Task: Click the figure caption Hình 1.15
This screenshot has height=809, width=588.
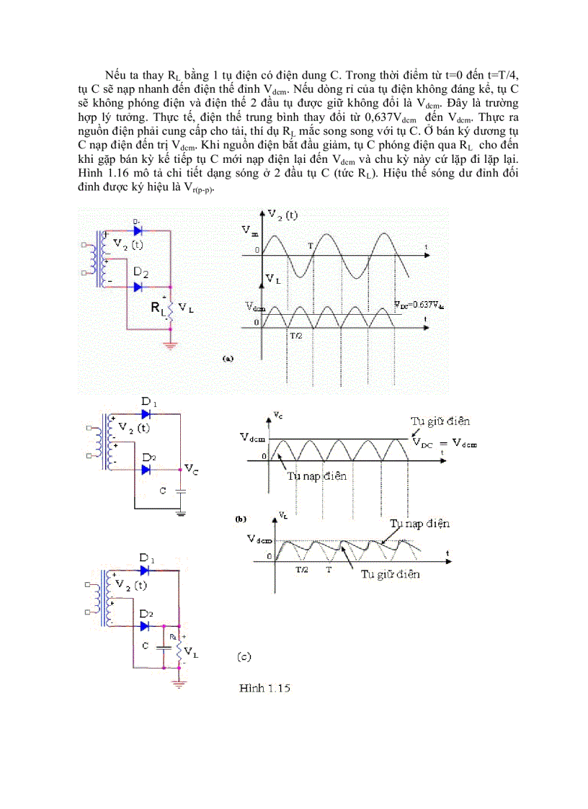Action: tap(264, 689)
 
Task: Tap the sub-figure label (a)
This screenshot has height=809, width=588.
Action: tap(229, 357)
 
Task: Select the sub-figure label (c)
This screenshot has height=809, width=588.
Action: tap(244, 657)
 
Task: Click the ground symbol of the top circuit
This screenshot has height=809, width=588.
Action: tap(171, 346)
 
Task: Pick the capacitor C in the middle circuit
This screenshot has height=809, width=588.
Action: tap(179, 491)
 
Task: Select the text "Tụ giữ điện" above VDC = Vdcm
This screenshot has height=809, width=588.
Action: tap(441, 421)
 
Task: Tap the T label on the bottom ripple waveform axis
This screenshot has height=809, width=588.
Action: tap(329, 568)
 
